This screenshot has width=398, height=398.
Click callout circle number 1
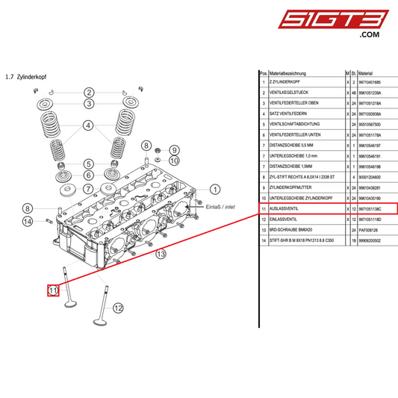(215, 190)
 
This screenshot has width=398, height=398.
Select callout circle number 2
(88, 92)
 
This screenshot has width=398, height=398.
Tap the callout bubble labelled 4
(88, 125)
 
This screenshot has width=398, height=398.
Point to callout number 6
(88, 175)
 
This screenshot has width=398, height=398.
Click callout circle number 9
(174, 149)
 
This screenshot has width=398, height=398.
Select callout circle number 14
(28, 221)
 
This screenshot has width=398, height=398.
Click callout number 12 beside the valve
(118, 307)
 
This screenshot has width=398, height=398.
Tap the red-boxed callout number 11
(53, 290)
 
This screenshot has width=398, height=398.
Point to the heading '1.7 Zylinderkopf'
(25, 77)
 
